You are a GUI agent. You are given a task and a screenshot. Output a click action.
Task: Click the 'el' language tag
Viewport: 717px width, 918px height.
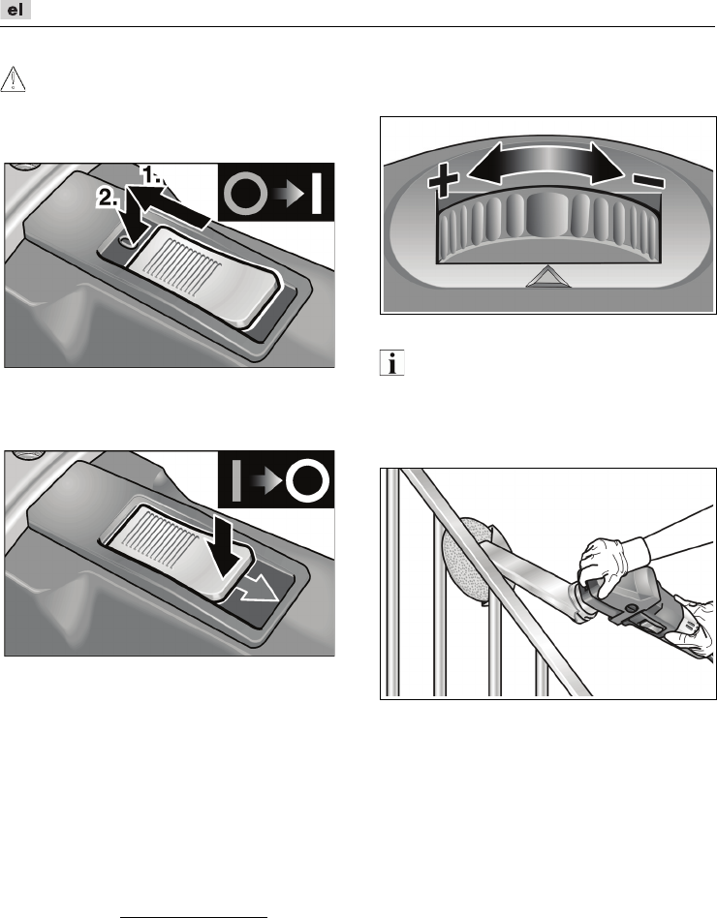pyautogui.click(x=16, y=10)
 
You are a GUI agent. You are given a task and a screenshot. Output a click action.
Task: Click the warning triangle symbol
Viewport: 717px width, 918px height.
pyautogui.click(x=13, y=79)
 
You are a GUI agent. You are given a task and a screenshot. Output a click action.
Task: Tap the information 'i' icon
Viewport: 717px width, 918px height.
pyautogui.click(x=391, y=363)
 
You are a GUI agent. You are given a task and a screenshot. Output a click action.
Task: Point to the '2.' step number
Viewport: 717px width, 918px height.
pyautogui.click(x=108, y=198)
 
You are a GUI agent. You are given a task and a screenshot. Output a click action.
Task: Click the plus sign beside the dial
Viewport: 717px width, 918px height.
pyautogui.click(x=443, y=179)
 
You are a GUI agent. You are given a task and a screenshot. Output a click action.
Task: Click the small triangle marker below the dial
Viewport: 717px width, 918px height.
pyautogui.click(x=547, y=276)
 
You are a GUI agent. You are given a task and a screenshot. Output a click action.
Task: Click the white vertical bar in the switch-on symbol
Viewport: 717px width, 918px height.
pyautogui.click(x=316, y=193)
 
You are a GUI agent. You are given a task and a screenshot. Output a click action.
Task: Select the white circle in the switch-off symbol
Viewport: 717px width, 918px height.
pyautogui.click(x=307, y=480)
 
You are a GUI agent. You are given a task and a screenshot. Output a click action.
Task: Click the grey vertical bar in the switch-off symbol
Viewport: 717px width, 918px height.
pyautogui.click(x=236, y=480)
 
